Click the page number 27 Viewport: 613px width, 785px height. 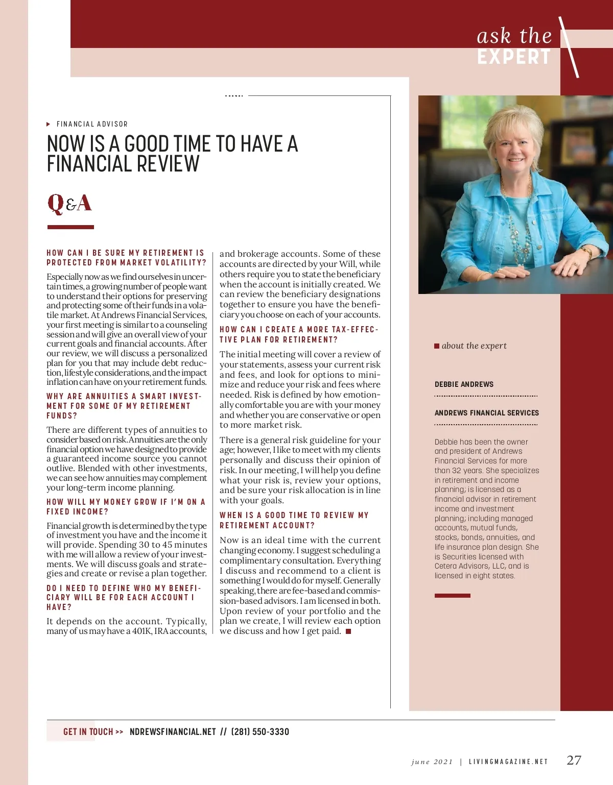pyautogui.click(x=574, y=760)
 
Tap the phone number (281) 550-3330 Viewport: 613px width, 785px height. pyautogui.click(x=260, y=732)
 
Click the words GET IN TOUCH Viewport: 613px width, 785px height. pyautogui.click(x=88, y=732)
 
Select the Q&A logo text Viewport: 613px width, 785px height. pyautogui.click(x=70, y=203)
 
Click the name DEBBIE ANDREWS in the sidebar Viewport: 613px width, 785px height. pyautogui.click(x=464, y=384)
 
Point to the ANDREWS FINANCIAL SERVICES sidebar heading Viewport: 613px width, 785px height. pyautogui.click(x=486, y=413)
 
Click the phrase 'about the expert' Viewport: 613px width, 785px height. pyautogui.click(x=474, y=346)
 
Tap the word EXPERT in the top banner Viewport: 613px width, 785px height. pyautogui.click(x=514, y=57)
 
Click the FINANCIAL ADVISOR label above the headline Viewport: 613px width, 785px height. pyautogui.click(x=92, y=124)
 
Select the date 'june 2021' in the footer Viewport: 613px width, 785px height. pyautogui.click(x=432, y=762)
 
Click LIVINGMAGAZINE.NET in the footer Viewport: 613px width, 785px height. pyautogui.click(x=508, y=762)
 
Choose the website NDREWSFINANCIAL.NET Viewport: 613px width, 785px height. pyautogui.click(x=173, y=732)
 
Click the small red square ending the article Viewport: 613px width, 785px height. pyautogui.click(x=348, y=631)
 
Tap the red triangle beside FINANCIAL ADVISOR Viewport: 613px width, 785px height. pyautogui.click(x=49, y=124)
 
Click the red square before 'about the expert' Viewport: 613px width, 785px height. pyautogui.click(x=437, y=346)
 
